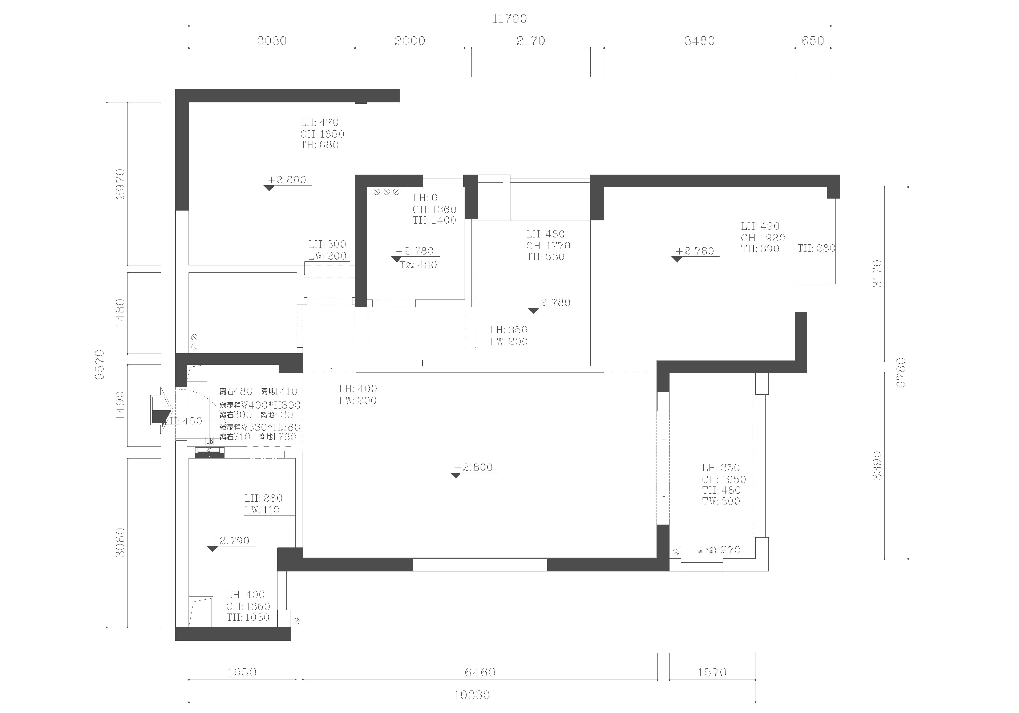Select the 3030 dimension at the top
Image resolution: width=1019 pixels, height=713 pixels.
click(x=272, y=41)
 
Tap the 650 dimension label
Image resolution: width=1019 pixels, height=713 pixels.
click(x=813, y=41)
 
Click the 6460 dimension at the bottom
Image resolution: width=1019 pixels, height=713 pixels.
click(x=480, y=672)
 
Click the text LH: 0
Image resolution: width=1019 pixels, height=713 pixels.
click(x=425, y=198)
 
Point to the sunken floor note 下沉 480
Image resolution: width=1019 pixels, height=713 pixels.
click(x=418, y=265)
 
